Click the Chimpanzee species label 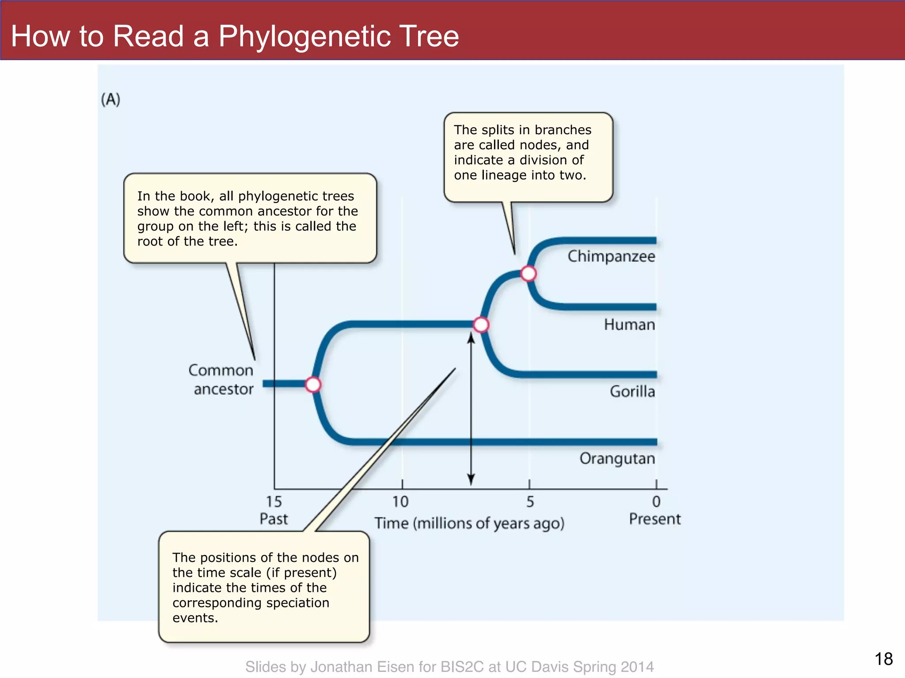pos(611,256)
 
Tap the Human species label pos(629,325)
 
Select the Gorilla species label pos(632,392)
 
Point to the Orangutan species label pos(617,459)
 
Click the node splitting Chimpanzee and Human pos(529,274)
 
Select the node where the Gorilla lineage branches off pos(481,325)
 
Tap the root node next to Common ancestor pos(313,384)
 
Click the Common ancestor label pos(221,380)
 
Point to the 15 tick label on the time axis pos(274,502)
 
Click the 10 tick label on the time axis pos(401,502)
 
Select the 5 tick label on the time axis pos(530,502)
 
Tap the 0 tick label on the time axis pos(657,502)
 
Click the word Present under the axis pos(655,519)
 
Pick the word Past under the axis pos(274,519)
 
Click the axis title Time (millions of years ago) pos(469,524)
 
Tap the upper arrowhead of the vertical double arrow pos(471,338)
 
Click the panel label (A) pos(110,99)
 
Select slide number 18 pos(883,659)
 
